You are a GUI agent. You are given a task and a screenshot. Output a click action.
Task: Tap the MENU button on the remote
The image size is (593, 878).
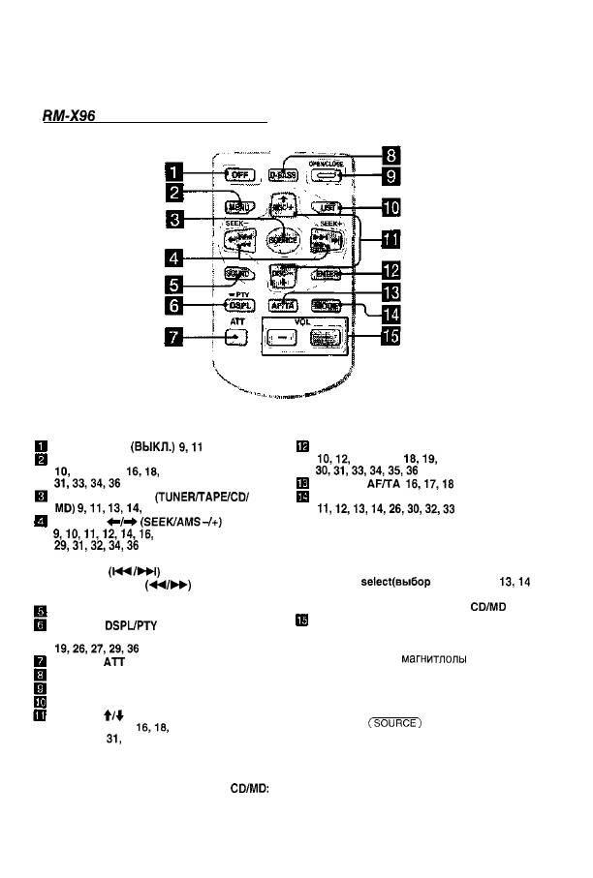[234, 205]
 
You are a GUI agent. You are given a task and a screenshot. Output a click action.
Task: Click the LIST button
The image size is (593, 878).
[327, 206]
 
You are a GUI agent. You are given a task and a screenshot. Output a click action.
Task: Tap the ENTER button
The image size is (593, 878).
[327, 275]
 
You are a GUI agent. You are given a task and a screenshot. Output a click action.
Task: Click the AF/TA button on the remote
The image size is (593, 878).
[281, 305]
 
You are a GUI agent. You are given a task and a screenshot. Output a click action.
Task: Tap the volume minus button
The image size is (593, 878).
[281, 338]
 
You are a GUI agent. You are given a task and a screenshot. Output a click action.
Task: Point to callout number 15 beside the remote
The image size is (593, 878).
[389, 338]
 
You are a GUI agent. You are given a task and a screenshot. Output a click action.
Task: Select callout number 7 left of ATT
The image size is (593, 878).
[174, 338]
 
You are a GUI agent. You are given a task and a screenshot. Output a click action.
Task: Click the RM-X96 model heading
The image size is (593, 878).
[68, 114]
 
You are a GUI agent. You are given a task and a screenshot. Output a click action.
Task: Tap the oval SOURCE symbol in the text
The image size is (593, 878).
[392, 722]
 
